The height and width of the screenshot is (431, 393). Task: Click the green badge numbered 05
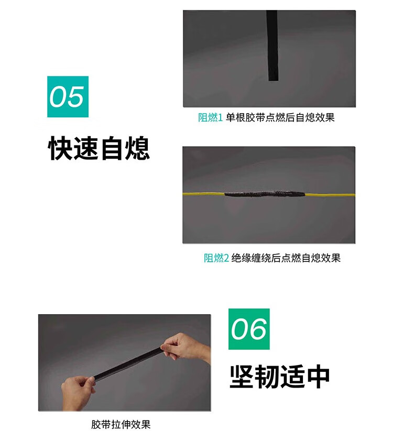(68, 96)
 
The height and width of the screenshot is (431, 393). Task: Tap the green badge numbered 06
(249, 329)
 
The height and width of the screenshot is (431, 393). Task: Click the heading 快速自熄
(99, 148)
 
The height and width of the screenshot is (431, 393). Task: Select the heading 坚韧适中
(279, 377)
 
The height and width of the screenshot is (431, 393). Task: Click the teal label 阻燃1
(211, 118)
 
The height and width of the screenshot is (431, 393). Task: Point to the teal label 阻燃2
(216, 258)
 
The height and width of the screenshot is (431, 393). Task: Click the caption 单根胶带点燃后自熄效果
(280, 118)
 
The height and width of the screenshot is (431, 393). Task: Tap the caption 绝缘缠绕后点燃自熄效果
(286, 258)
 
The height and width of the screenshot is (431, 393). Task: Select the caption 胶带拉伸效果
(121, 424)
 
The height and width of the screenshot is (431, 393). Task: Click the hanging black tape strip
(272, 46)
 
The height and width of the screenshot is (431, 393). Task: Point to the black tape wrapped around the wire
(265, 194)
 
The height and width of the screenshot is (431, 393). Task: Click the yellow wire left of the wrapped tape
(203, 194)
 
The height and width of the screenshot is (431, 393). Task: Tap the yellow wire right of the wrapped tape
(330, 195)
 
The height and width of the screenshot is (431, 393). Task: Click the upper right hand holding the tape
(187, 346)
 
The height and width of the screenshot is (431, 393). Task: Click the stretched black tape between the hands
(128, 363)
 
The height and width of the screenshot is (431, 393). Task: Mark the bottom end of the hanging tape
(274, 80)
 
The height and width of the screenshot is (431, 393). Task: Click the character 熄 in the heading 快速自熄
(137, 148)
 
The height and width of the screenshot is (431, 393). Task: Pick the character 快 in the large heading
(60, 148)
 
